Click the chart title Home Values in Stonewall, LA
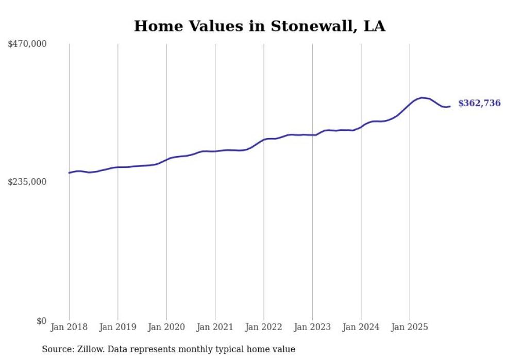[259, 26]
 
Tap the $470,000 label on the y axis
[27, 44]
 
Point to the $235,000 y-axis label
[27, 182]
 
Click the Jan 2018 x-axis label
[69, 327]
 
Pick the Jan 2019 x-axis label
[117, 327]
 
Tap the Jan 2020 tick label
[166, 327]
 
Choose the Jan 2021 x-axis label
[215, 327]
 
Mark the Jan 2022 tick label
[264, 327]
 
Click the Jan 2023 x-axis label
[312, 327]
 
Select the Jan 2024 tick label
[361, 327]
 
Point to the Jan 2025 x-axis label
[410, 327]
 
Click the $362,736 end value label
[479, 104]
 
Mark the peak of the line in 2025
[423, 98]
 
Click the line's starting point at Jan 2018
[69, 173]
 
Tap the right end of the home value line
[450, 107]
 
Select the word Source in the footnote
[57, 349]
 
